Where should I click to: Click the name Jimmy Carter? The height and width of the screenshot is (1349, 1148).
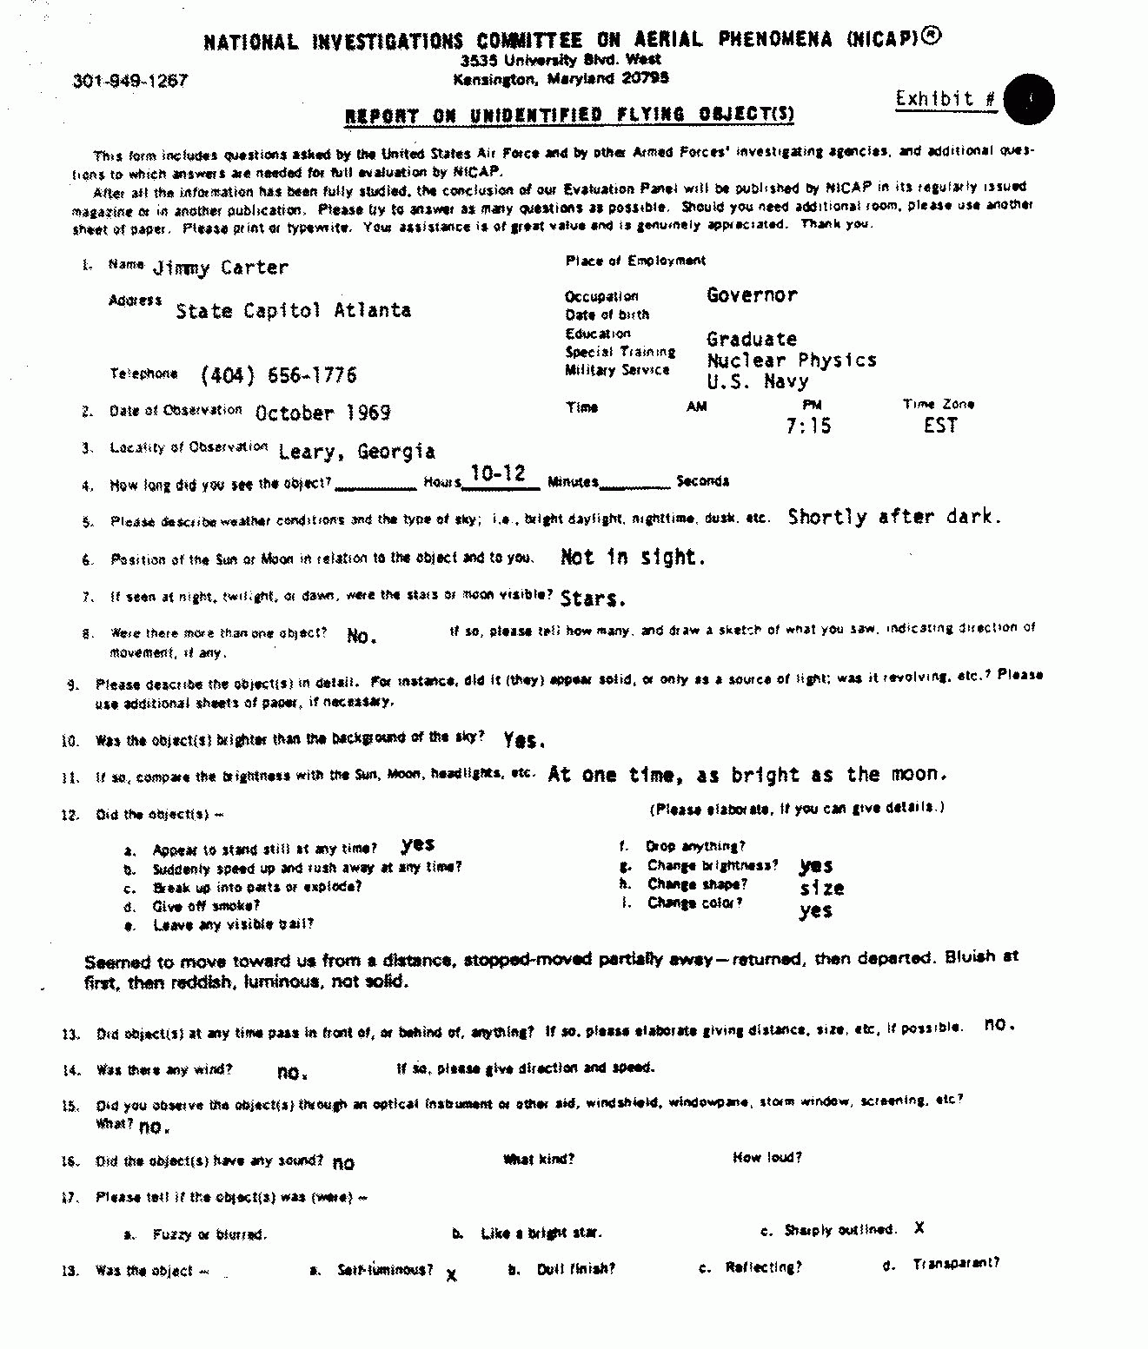[220, 268]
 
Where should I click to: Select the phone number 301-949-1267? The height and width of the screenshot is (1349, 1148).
[130, 81]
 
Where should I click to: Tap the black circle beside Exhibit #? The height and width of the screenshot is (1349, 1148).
[1028, 99]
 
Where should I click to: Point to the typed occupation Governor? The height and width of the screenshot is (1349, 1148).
[752, 295]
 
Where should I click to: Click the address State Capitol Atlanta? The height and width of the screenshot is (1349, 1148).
[293, 310]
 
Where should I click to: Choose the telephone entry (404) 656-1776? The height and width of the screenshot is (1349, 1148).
[278, 375]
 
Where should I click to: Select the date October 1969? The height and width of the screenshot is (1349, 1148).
[322, 413]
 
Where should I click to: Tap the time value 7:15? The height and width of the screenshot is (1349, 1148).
[808, 426]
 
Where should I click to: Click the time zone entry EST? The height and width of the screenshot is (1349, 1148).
[940, 426]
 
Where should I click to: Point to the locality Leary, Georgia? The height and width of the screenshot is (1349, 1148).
[356, 451]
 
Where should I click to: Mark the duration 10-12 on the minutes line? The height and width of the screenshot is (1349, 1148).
[498, 473]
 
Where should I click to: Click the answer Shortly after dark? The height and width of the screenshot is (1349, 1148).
[894, 517]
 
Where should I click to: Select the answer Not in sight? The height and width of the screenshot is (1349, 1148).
[633, 557]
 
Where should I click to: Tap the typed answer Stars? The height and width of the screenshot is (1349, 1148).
[593, 598]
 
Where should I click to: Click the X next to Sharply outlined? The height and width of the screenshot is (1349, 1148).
[919, 1228]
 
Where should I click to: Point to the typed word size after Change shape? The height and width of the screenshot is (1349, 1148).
[822, 888]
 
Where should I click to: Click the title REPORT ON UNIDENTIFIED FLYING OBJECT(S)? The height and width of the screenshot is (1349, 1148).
[569, 116]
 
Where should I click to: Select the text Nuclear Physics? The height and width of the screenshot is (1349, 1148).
[792, 360]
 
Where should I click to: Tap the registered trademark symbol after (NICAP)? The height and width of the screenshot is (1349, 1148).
[931, 36]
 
